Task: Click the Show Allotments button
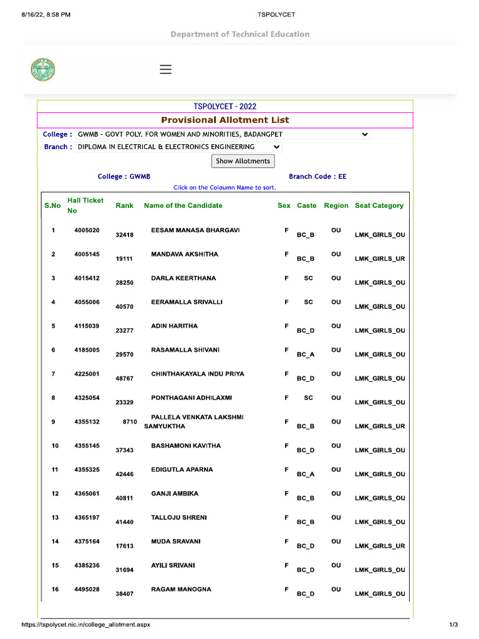pos(243,161)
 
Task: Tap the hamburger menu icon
pos(165,69)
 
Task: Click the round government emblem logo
pos(43,69)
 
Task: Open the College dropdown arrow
pos(365,134)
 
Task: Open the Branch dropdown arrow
pos(277,147)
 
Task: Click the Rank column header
pos(124,205)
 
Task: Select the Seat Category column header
pos(379,205)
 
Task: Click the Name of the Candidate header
pos(183,205)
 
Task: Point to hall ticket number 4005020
pos(87,230)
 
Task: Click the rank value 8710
pos(130,422)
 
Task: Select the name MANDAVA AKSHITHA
pos(185,255)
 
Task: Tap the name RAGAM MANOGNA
pos(181,589)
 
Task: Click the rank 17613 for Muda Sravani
pos(124,546)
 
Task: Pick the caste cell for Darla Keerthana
pos(308,278)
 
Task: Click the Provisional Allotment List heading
pos(225,120)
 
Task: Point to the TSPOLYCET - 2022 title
pos(225,107)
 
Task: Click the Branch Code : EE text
pos(317,177)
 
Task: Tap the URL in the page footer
pos(85,624)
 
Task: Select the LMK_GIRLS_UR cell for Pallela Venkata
pos(379,426)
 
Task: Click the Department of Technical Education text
pos(239,34)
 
